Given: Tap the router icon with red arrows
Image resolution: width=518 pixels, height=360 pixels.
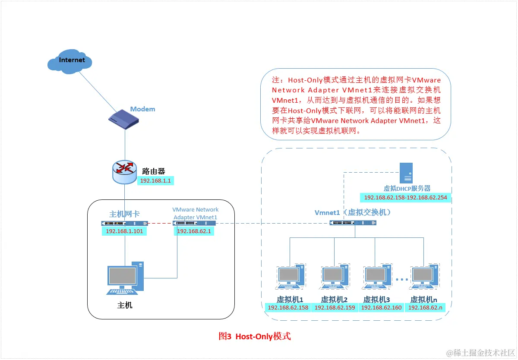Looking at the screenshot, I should pyautogui.click(x=125, y=172).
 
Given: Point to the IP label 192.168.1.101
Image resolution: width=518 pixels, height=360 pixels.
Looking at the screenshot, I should pyautogui.click(x=124, y=231).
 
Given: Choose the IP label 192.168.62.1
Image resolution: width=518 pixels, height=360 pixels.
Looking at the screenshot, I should pyautogui.click(x=194, y=231).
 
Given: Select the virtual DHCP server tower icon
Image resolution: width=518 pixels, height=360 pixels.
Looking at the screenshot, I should pyautogui.click(x=406, y=173).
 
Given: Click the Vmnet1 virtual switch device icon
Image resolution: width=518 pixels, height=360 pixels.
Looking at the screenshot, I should pyautogui.click(x=353, y=223).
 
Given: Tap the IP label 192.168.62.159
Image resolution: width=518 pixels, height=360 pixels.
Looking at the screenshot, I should pyautogui.click(x=335, y=308).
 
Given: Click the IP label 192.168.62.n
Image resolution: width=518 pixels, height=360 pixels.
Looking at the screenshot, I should pyautogui.click(x=425, y=308).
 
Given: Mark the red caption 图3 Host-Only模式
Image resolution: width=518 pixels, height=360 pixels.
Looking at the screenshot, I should pyautogui.click(x=255, y=336).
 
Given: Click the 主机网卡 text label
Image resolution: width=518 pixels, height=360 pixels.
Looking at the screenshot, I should pyautogui.click(x=124, y=214).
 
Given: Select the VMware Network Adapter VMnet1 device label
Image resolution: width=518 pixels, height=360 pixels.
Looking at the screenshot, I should pyautogui.click(x=195, y=213).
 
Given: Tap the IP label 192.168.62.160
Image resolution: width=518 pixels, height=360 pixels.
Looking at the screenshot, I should pyautogui.click(x=381, y=308).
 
